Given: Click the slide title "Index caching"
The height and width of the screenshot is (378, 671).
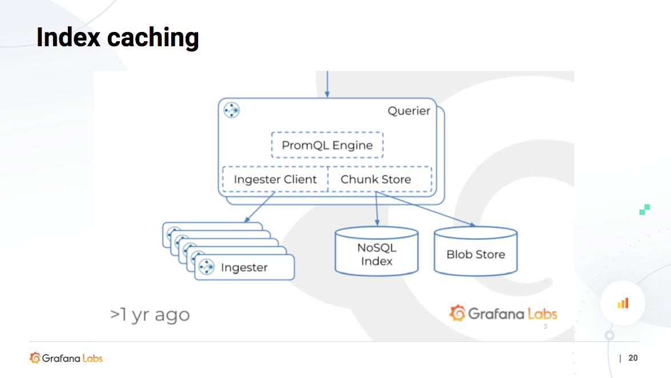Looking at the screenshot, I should pos(118,38).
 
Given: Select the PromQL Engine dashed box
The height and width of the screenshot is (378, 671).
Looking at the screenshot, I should pos(327,145).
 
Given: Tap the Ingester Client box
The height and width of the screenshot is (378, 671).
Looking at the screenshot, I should pos(275,179).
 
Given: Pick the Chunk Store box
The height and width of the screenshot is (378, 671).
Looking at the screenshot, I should pos(376,179).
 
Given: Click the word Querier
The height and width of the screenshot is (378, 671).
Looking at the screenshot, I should pos(409,111).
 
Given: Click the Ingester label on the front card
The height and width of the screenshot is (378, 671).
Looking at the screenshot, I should pos(244,267).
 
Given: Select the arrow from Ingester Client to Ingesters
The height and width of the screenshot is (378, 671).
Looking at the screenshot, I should pos(260,207).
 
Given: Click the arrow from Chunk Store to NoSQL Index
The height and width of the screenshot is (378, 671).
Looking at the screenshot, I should pos(376,209).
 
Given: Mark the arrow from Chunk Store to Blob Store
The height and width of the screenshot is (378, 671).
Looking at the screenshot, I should pos(426,209).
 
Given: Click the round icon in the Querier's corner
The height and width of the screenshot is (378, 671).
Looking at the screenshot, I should pos(231,110).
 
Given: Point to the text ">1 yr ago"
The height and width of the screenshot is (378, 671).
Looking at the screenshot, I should pos(150,315).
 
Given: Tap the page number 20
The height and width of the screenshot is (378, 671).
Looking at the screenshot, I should pos(633,358).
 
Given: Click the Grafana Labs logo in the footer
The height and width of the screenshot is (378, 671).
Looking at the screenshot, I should pos(66,358).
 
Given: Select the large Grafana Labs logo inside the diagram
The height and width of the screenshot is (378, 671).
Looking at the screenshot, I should pos(503,313).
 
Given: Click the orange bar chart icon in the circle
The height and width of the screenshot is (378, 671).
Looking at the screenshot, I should pos(622,303).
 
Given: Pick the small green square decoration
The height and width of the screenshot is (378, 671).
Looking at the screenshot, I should pos(645,210).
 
